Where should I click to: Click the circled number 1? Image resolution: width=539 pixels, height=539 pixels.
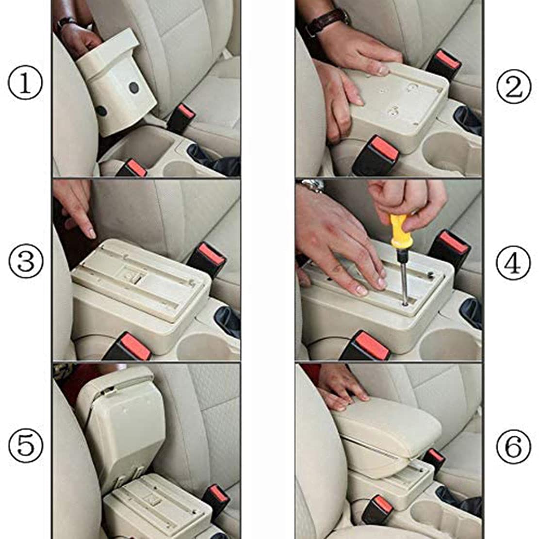pos(25,84)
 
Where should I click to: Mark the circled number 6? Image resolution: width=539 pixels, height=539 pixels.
pos(514,446)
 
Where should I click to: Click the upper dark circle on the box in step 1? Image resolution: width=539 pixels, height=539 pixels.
pos(134,88)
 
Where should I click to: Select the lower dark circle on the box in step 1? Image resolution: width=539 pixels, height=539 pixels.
pos(101,111)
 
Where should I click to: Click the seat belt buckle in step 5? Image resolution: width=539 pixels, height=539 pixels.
pos(217,497)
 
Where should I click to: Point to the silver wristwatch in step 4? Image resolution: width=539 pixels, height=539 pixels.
pos(311,185)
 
